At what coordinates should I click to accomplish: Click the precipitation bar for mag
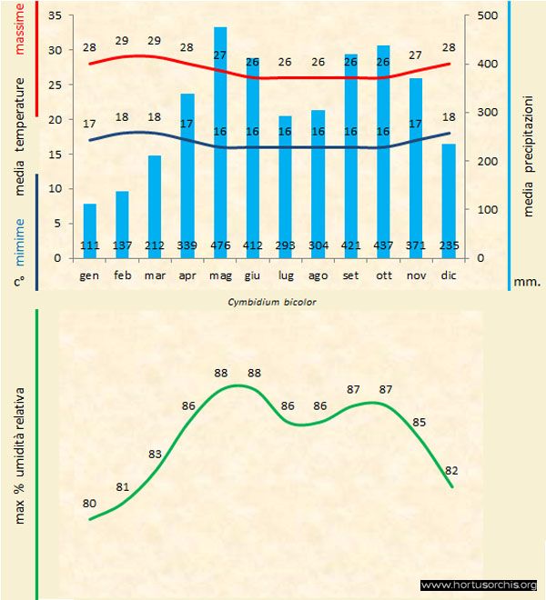[x=220, y=145]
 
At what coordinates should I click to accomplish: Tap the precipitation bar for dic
[x=448, y=200]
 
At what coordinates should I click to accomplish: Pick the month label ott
[x=383, y=274]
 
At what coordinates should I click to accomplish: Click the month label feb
[x=123, y=274]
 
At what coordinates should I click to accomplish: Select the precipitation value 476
[x=220, y=245]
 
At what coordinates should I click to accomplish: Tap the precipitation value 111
[x=90, y=245]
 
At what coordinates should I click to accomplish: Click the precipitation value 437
[x=383, y=245]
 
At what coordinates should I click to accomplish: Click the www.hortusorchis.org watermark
[x=480, y=585]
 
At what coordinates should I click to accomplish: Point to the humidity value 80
[x=90, y=503]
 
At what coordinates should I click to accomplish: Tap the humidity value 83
[x=156, y=454]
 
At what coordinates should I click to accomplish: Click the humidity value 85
[x=419, y=423]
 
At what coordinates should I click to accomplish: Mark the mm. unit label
[x=527, y=282]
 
